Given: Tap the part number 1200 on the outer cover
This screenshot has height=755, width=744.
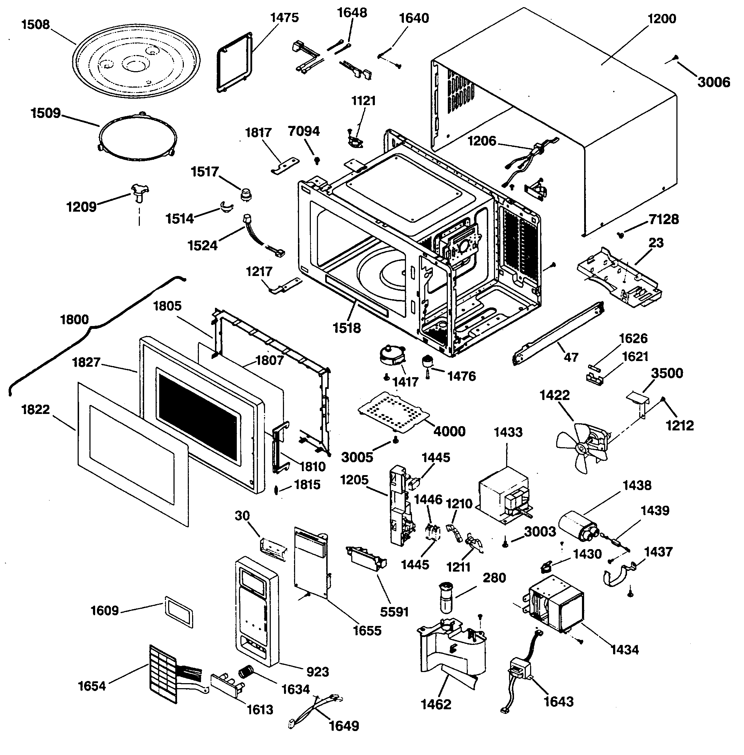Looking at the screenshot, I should click(661, 19).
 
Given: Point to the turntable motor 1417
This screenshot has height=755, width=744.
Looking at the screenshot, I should click(392, 355).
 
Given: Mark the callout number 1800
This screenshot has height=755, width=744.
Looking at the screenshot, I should click(74, 320).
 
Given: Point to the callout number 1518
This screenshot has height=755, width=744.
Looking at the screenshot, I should click(347, 328).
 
